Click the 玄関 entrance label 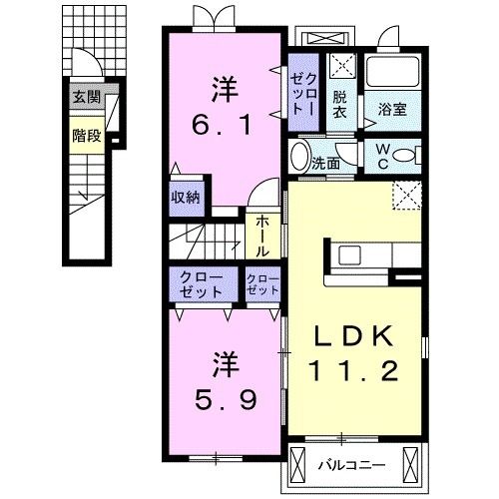[88, 98]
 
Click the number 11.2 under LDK [354, 372]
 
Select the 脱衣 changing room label [341, 104]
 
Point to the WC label [383, 157]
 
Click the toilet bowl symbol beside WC [403, 156]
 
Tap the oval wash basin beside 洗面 [300, 158]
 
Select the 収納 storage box [187, 197]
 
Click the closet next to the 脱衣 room [302, 91]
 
